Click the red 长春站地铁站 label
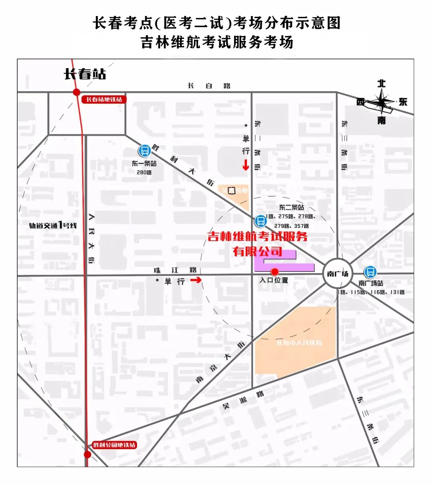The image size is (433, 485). click(104, 99)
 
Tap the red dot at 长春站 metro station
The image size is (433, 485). click(77, 92)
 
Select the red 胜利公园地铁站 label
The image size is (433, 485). click(115, 445)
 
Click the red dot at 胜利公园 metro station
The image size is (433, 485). click(87, 455)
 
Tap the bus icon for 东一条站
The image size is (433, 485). click(144, 151)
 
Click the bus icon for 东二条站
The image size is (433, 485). click(261, 221)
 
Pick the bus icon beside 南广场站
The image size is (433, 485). click(370, 272)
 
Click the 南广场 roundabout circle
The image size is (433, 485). click(338, 274)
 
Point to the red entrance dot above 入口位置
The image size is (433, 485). click(275, 272)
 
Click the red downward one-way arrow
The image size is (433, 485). click(245, 164)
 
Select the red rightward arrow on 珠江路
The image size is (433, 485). click(196, 280)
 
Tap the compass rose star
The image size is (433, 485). click(382, 101)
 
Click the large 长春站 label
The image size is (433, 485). click(85, 74)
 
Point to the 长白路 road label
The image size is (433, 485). click(209, 85)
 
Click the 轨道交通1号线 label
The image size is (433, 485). click(53, 225)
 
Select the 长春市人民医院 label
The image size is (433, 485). click(299, 343)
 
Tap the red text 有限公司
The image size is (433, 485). click(258, 252)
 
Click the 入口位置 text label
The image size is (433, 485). click(274, 280)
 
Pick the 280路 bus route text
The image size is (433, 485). click(144, 172)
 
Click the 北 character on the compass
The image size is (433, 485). click(381, 83)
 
